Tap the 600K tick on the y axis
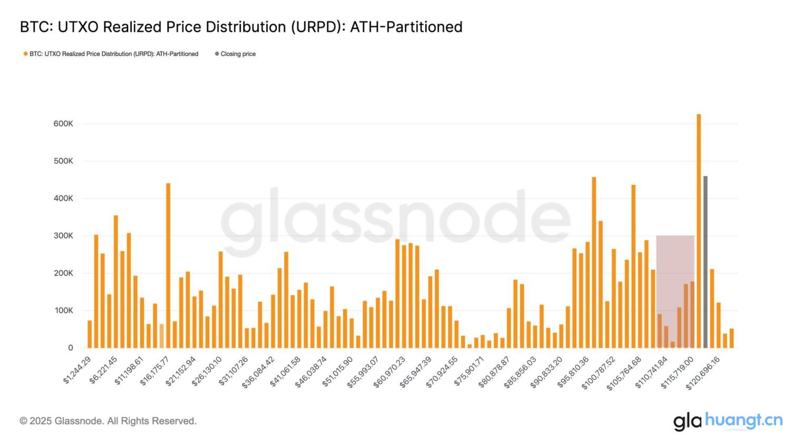click(63, 124)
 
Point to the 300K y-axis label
click(63, 236)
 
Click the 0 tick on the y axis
click(70, 348)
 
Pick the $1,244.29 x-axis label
click(78, 370)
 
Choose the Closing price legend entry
click(238, 54)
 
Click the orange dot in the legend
click(25, 54)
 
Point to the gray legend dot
click(217, 54)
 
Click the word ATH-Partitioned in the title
click(406, 27)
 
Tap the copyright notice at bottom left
click(108, 421)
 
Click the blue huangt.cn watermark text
click(744, 420)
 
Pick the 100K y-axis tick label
click(63, 311)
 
